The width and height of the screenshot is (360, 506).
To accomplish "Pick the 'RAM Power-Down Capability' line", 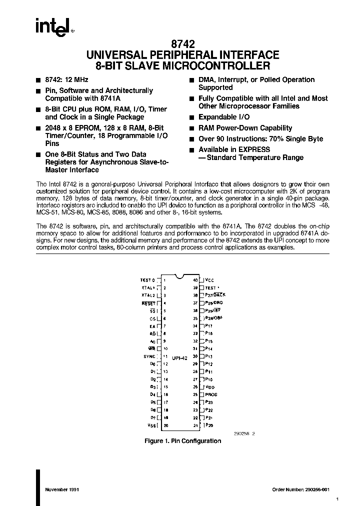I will coord(245,128).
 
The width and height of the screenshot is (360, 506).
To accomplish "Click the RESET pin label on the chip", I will coord(149,303).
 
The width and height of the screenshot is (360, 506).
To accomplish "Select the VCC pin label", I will coord(209,280).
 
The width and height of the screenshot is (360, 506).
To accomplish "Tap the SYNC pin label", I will coord(149,356).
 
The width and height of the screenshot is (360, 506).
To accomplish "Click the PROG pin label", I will coord(211,394).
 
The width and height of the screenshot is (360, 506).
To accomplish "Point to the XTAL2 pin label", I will coord(149,295).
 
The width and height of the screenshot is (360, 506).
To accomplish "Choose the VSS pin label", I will coord(152,425).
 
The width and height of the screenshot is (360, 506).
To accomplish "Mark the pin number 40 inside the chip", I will coord(195,280).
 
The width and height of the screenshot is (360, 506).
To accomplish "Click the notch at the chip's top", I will coord(180,276).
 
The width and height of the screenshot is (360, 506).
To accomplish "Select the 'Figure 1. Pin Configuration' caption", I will coord(182,441).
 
